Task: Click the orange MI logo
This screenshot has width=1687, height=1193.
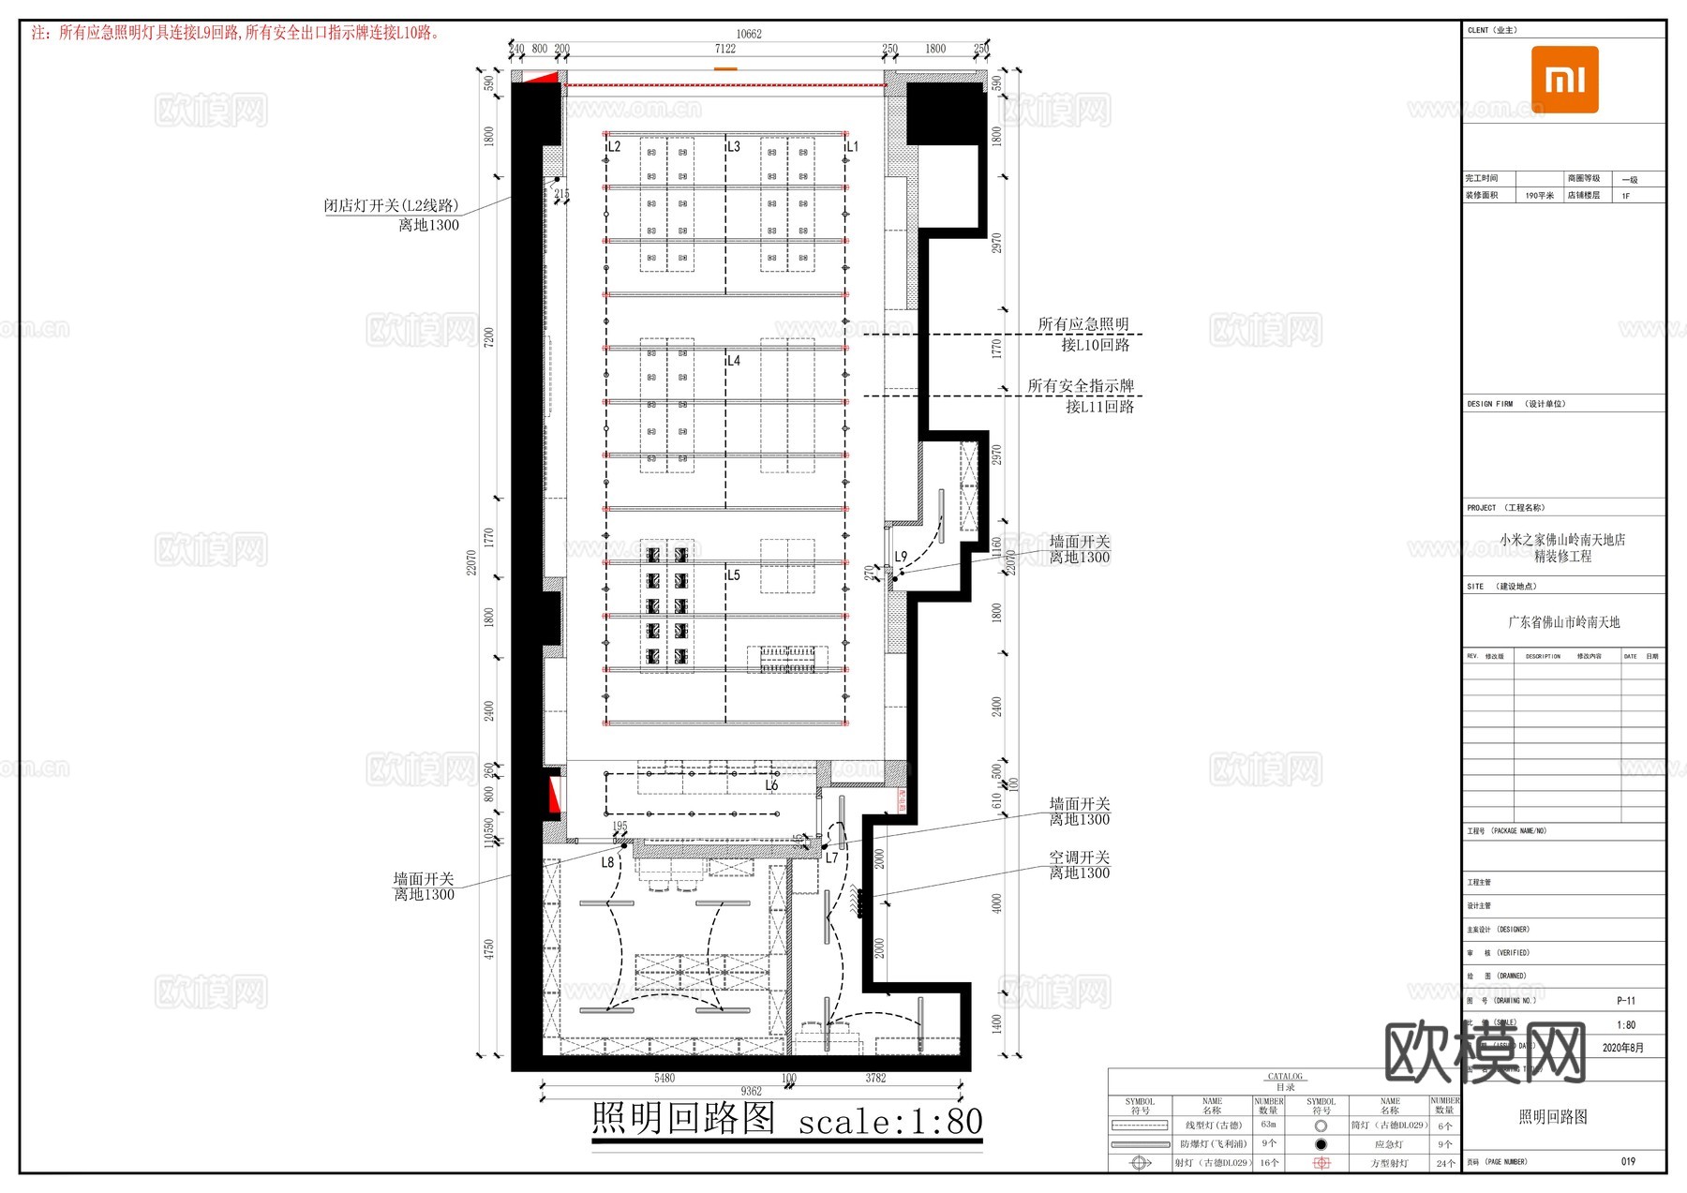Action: point(1564,80)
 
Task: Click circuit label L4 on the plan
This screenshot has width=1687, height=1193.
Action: point(733,361)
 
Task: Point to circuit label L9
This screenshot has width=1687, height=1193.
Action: point(901,557)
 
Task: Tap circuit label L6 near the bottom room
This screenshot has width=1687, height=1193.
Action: point(771,785)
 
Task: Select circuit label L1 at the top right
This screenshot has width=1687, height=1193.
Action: point(852,147)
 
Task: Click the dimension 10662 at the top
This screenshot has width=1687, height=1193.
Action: point(748,34)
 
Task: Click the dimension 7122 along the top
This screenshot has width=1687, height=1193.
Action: point(724,49)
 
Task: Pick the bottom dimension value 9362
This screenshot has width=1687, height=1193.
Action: point(751,1091)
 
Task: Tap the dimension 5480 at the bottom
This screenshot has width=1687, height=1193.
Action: point(664,1078)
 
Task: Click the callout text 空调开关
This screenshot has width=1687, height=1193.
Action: point(1079,857)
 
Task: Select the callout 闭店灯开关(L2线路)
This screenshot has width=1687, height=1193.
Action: point(392,205)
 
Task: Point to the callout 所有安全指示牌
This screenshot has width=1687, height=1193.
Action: point(1081,386)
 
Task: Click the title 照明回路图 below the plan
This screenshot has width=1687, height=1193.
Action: point(684,1118)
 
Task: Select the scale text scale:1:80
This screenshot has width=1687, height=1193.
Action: point(890,1122)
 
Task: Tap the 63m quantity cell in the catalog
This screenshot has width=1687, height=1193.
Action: point(1268,1125)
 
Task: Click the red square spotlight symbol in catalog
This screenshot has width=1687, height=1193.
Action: point(1321,1163)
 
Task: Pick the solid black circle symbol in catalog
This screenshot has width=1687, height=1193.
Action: point(1321,1144)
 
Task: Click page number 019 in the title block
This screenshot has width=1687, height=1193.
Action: point(1628,1161)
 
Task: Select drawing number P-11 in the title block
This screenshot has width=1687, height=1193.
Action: point(1626,1001)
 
